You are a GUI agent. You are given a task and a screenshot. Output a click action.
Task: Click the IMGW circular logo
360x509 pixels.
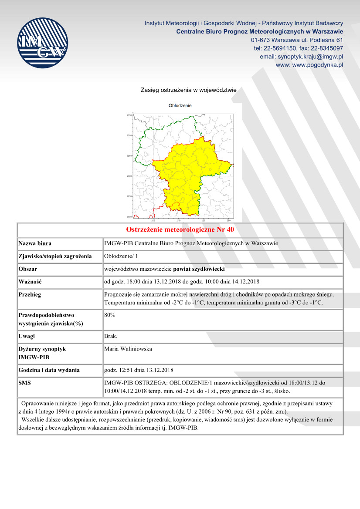pyautogui.click(x=43, y=42)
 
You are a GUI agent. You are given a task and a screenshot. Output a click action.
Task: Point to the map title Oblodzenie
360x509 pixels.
pyautogui.click(x=180, y=105)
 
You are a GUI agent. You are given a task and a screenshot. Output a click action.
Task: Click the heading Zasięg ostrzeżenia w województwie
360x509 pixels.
pyautogui.click(x=188, y=90)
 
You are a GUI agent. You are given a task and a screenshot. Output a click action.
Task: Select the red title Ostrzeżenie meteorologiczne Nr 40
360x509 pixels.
pyautogui.click(x=180, y=229)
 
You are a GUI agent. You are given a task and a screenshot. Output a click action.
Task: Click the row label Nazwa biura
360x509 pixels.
pyautogui.click(x=38, y=243)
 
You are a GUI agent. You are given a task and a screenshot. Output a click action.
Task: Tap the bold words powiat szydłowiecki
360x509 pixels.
pyautogui.click(x=199, y=269)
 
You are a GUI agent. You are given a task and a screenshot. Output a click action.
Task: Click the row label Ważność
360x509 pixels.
pyautogui.click(x=30, y=282)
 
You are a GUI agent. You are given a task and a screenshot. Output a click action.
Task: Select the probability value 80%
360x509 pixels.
pyautogui.click(x=110, y=314)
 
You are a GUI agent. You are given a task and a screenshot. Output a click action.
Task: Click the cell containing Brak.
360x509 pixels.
pyautogui.click(x=111, y=336)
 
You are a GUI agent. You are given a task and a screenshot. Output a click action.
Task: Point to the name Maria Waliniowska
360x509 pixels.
pyautogui.click(x=128, y=349)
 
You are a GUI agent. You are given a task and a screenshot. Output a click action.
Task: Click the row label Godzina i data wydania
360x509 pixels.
pyautogui.click(x=49, y=370)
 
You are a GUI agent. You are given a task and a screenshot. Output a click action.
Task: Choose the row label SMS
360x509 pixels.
pyautogui.click(x=25, y=383)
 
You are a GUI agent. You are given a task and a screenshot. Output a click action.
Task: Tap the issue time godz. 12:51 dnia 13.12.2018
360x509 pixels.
pyautogui.click(x=139, y=370)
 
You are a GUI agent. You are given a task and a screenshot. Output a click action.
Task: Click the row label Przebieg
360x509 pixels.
pyautogui.click(x=30, y=294)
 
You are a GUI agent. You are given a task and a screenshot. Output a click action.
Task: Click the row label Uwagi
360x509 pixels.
pyautogui.click(x=27, y=336)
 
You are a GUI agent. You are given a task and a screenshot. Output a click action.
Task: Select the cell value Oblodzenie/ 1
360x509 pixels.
pyautogui.click(x=120, y=256)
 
